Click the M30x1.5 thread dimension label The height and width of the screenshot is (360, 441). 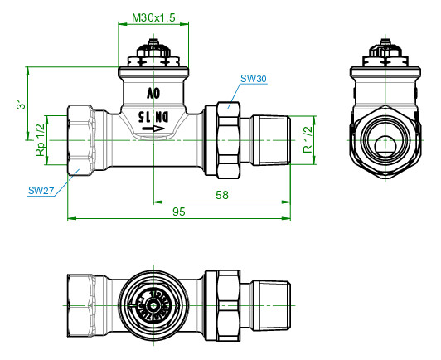coord(153,17)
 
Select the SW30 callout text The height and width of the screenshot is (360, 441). coord(253,79)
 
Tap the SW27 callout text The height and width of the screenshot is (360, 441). coord(41,191)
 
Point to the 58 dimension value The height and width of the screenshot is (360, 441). coord(222,195)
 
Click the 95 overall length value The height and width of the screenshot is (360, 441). coord(179,212)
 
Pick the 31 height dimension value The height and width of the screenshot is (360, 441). coord(22,104)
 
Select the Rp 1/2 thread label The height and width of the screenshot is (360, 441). coord(40,140)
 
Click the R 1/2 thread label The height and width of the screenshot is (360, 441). coord(308,140)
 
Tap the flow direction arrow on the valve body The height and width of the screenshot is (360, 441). coord(153,129)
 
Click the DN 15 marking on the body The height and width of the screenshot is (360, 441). coord(153,117)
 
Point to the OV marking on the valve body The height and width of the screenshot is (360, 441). coord(153,93)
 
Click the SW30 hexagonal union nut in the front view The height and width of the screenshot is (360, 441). coord(229,140)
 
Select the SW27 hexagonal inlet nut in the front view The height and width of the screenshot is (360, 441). coord(80,140)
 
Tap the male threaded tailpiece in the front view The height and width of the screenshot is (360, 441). coord(271,140)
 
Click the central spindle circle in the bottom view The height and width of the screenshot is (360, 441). coord(153,306)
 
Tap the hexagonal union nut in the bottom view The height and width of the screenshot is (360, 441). coord(229,306)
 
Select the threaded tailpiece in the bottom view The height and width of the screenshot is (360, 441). coord(271,306)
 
